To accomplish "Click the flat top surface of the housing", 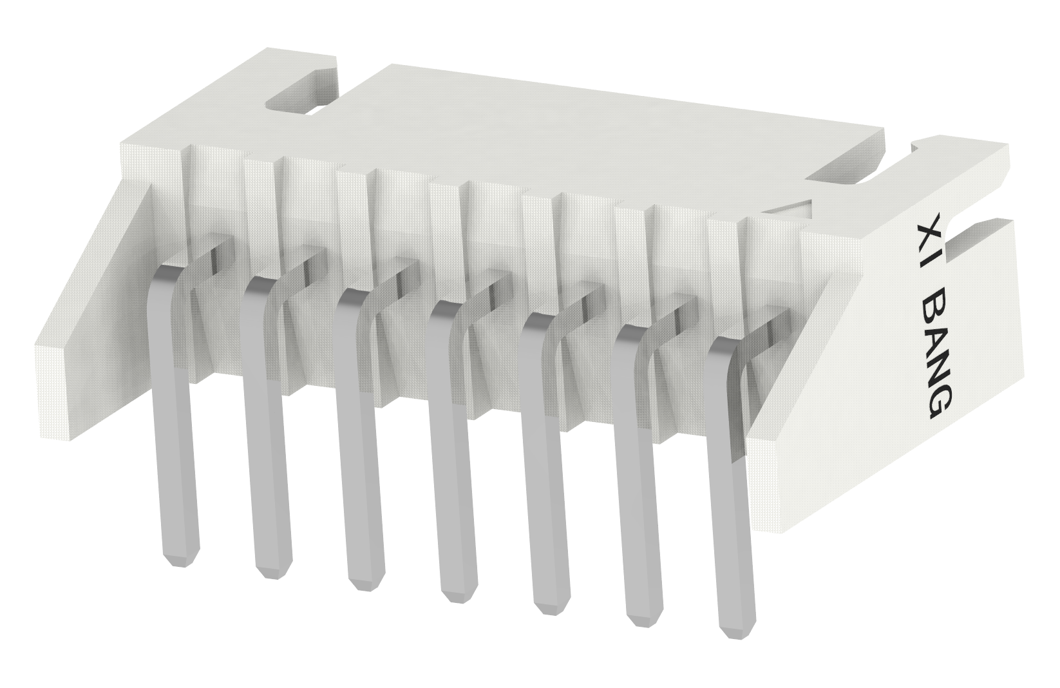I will [x=580, y=129].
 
